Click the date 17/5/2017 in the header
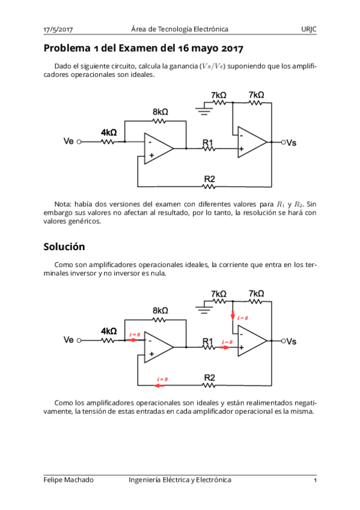coord(58,29)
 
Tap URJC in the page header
coord(309,29)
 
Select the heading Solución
coord(64,247)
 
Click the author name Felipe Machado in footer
coord(69,479)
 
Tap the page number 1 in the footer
coord(315,480)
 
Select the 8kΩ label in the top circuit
coord(160,112)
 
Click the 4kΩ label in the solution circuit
coord(109,331)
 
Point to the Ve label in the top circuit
coord(69,142)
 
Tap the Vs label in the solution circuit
coord(291,341)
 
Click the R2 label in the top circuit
coord(210,179)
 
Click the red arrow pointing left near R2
coord(161,386)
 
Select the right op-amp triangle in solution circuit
coord(251,340)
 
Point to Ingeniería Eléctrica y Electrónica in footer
coord(180,479)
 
